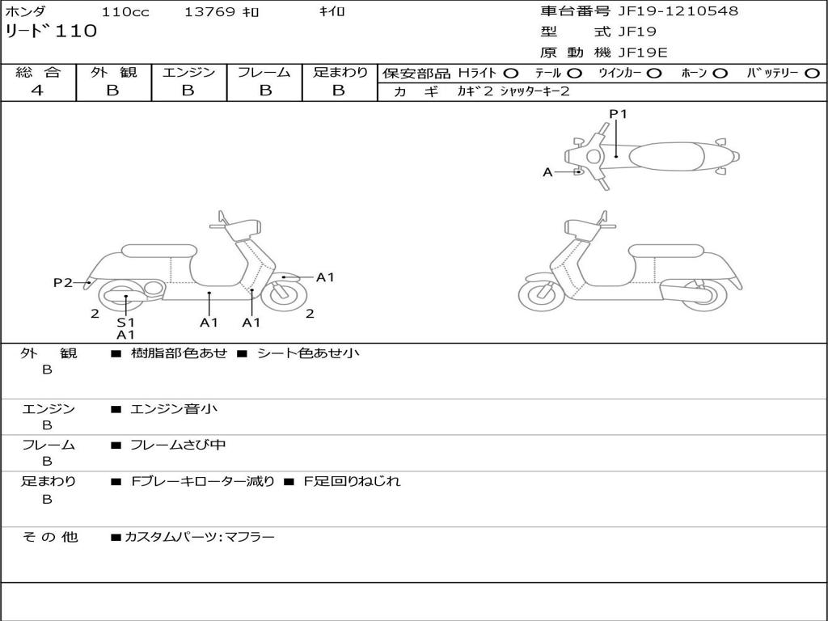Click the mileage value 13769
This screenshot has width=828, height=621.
209,12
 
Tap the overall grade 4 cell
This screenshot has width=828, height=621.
38,91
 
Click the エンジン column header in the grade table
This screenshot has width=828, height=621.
188,73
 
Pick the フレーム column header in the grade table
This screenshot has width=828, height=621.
264,73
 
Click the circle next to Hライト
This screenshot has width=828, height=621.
511,73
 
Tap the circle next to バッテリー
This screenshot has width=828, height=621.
813,73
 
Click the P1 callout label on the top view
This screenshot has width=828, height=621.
618,114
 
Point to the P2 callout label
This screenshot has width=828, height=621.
63,282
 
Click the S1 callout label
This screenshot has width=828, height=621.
125,322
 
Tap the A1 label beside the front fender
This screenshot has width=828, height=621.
325,277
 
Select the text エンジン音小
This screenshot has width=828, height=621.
174,409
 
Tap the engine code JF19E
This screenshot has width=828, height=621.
642,53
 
